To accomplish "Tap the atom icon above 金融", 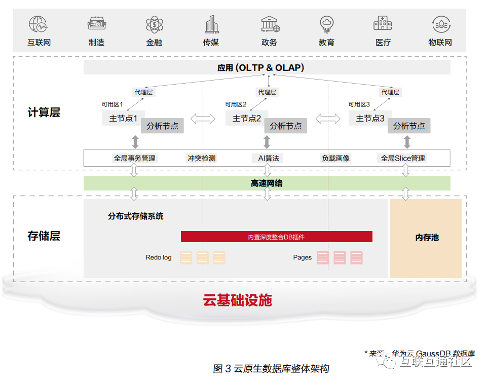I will click(x=154, y=24).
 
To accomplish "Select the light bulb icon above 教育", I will click(x=326, y=24).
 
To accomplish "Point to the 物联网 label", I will click(x=440, y=43).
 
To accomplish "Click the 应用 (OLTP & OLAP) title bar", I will click(x=267, y=67).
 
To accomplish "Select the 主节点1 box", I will click(x=123, y=119).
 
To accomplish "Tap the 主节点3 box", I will click(x=370, y=119).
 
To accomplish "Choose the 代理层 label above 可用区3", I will click(x=390, y=92).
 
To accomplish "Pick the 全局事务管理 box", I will click(x=134, y=158).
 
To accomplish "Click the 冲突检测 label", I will click(x=202, y=158).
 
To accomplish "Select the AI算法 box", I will click(x=268, y=158).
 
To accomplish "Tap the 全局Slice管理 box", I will click(x=403, y=158).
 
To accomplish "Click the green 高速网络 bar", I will click(x=267, y=183).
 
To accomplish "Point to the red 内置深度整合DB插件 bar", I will click(x=276, y=237).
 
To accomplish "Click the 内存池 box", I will click(x=426, y=238).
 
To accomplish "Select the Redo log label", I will click(x=159, y=257).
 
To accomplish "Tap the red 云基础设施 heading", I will click(x=238, y=300).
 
